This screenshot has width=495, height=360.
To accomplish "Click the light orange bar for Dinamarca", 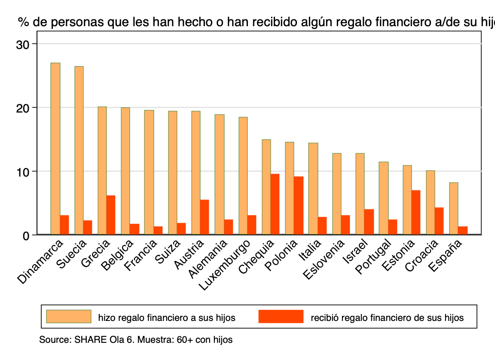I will [x=55, y=149].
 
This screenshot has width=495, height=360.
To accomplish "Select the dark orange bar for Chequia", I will [x=275, y=204].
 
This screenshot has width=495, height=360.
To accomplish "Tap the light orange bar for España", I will [x=453, y=208].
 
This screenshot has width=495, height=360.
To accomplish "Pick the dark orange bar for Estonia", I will [x=416, y=212].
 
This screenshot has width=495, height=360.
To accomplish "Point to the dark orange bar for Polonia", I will [x=299, y=205].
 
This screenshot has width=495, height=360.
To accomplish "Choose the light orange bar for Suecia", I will [x=79, y=150].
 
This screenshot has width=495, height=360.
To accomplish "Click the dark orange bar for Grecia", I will [x=111, y=215].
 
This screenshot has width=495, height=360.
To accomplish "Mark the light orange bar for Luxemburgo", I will [x=243, y=176].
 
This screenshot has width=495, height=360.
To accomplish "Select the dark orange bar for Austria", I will [x=205, y=217].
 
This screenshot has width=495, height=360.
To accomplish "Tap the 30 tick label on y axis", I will [x=24, y=44].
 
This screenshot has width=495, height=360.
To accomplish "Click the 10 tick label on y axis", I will [x=24, y=171].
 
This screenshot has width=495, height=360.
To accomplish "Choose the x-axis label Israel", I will [x=355, y=251].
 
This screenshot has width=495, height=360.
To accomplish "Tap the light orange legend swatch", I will [x=69, y=317].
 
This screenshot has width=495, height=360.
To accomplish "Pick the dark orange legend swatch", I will [x=281, y=317].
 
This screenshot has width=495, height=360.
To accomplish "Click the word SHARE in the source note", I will [x=88, y=340].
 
